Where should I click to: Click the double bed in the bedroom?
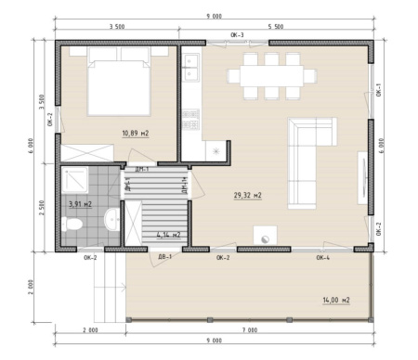pos(118,81)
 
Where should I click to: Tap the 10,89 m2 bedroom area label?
pos(135,133)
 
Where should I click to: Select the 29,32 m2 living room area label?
pos(247,195)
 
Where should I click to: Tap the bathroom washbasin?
pos(111,220)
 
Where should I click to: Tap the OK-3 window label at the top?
pos(238,35)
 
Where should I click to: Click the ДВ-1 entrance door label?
pos(163,257)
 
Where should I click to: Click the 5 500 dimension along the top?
pos(276,28)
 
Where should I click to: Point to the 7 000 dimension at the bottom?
pos(249,331)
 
